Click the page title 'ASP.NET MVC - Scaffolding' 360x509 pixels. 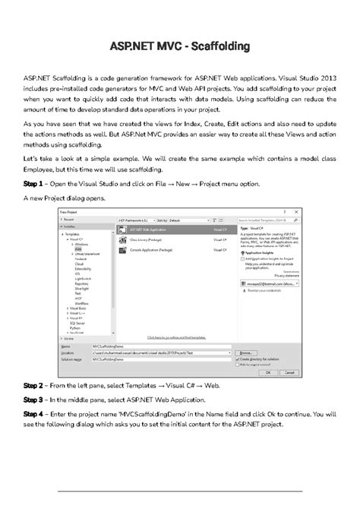click(180, 47)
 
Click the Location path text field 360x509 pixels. click(159, 353)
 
